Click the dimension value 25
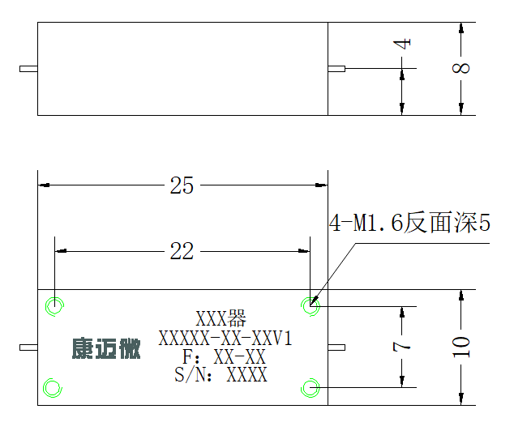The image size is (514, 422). pyautogui.click(x=182, y=185)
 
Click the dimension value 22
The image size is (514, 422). pyautogui.click(x=182, y=251)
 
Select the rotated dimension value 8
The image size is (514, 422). pyautogui.click(x=460, y=68)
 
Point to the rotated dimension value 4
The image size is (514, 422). pyautogui.click(x=402, y=44)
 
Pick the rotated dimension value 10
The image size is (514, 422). pyautogui.click(x=460, y=347)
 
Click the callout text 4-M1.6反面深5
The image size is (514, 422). pyautogui.click(x=409, y=223)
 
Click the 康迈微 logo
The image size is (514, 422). pyautogui.click(x=106, y=348)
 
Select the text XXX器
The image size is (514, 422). pyautogui.click(x=221, y=318)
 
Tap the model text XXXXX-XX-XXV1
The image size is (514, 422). pyautogui.click(x=225, y=339)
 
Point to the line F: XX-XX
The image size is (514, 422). pyautogui.click(x=224, y=357)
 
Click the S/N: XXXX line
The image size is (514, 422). pyautogui.click(x=221, y=375)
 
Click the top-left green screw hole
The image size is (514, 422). pyautogui.click(x=54, y=297)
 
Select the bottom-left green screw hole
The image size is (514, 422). pyautogui.click(x=53, y=379)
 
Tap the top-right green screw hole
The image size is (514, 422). pyautogui.click(x=311, y=297)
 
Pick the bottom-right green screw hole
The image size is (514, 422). pyautogui.click(x=311, y=379)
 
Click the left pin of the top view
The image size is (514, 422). pyautogui.click(x=28, y=69)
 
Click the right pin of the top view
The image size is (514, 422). pyautogui.click(x=336, y=69)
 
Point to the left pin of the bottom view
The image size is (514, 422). pyautogui.click(x=28, y=347)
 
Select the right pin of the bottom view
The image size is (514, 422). pyautogui.click(x=336, y=347)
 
